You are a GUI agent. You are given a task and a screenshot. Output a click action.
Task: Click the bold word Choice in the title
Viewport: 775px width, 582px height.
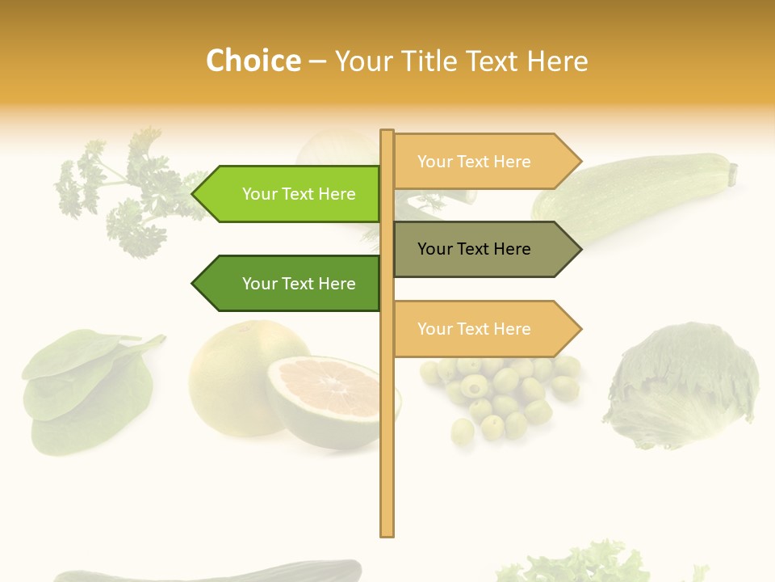(253, 61)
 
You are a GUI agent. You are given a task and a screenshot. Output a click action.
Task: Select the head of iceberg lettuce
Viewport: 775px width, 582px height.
(682, 384)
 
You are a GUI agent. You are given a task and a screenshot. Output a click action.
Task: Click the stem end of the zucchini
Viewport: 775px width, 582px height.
(733, 172)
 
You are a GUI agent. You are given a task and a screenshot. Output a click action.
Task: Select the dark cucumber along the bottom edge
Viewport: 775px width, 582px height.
(210, 572)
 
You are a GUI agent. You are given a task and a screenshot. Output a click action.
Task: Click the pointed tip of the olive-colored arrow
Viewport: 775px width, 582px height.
(580, 249)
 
